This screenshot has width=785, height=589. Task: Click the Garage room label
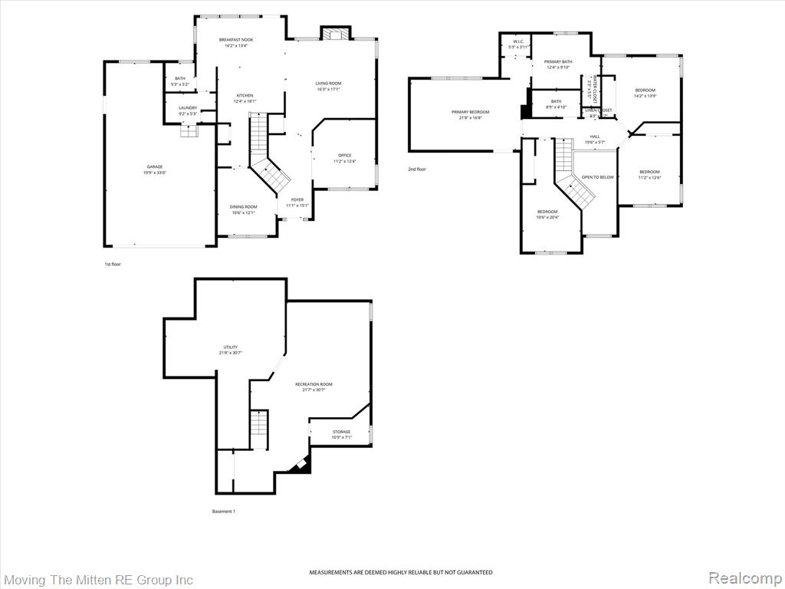coord(155,167)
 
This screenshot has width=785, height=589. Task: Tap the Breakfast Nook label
coord(236,40)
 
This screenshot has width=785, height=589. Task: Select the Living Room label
coord(328,83)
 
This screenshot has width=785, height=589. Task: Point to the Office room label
coord(345,156)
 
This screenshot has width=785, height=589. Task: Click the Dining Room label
coord(244,206)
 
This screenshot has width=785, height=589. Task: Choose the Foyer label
coord(297,200)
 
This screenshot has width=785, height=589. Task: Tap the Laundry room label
coord(188,108)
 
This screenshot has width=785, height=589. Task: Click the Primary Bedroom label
coord(470,112)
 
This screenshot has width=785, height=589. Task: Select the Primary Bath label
coord(558,61)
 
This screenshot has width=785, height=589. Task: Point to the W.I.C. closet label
coord(519,43)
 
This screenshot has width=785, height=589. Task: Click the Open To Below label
coord(598,177)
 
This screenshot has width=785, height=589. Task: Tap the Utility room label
coord(231,347)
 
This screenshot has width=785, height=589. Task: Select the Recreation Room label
coord(314,384)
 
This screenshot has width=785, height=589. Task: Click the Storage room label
coord(342,432)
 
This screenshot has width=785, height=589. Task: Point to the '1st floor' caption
coord(113,264)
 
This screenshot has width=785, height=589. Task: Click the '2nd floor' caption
coord(417,169)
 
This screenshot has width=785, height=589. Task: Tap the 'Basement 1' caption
coord(223,511)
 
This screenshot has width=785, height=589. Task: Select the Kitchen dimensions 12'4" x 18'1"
coord(245,101)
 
